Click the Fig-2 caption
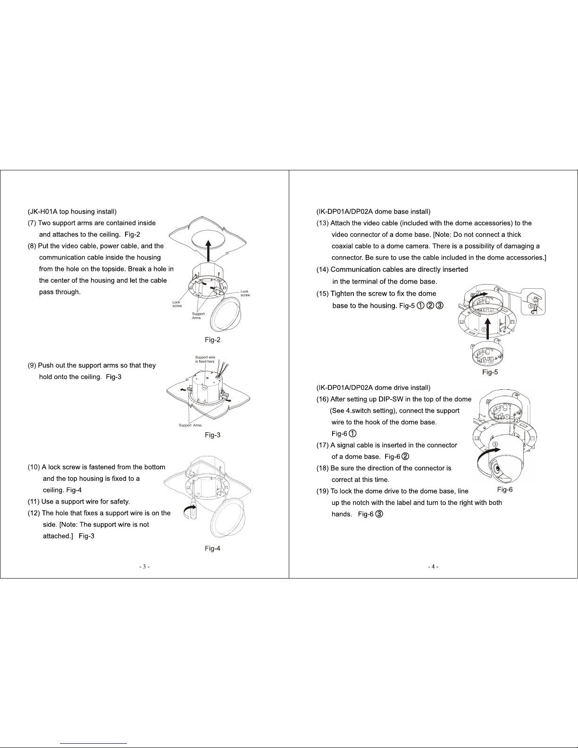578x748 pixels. coord(212,340)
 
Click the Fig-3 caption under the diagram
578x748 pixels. coord(212,435)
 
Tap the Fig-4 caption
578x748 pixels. coord(212,548)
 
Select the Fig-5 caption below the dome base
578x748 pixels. coord(490,372)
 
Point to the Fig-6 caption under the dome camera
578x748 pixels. coord(505,489)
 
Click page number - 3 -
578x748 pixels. coord(144,567)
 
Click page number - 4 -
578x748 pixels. coord(433,567)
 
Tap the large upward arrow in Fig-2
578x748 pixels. coord(208,251)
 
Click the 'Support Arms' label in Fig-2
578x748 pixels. coord(198,316)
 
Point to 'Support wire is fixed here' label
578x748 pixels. coord(205,360)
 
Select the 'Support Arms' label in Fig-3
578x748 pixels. coord(190,425)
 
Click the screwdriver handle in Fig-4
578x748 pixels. coord(193,513)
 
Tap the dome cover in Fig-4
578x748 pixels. coord(227,517)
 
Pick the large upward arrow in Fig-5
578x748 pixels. coord(487,329)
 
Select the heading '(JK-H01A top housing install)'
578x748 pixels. coord(72,211)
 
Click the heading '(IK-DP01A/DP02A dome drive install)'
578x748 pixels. coord(373,387)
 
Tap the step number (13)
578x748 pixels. coord(322,223)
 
